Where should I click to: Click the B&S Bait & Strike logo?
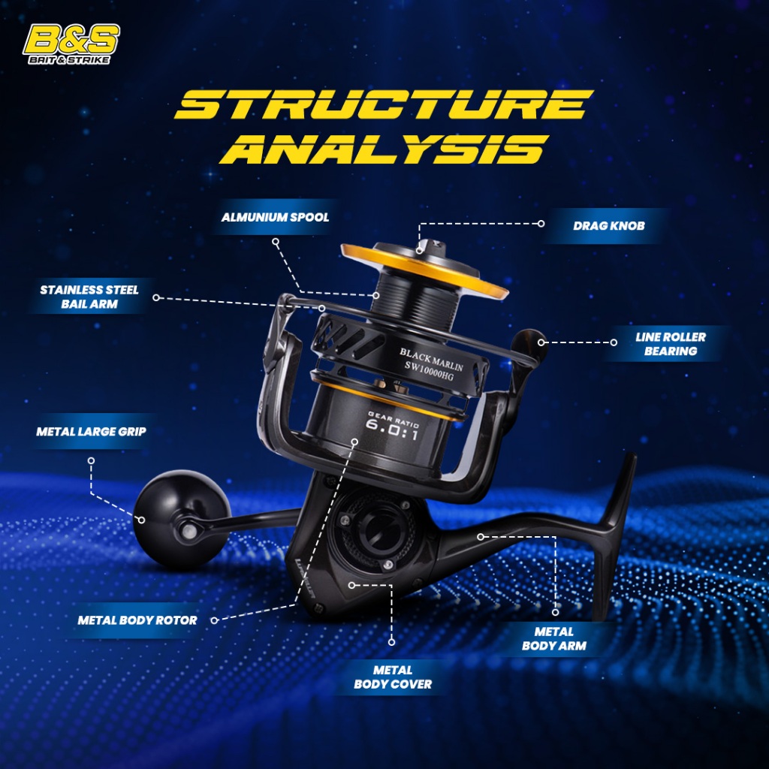tap(71, 44)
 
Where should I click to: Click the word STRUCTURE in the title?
tap(384, 105)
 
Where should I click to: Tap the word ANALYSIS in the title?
tap(384, 149)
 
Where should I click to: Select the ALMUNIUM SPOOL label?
tap(275, 217)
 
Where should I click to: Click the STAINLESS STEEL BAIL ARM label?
tap(89, 297)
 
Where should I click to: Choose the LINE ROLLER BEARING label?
tap(670, 343)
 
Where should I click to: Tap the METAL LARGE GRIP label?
tap(91, 431)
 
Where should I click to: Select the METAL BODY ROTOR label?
tap(137, 620)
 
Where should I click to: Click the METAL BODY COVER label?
tap(393, 677)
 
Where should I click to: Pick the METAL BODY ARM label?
tap(554, 638)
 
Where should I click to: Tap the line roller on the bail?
tap(529, 346)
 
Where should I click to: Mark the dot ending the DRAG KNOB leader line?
tap(541, 224)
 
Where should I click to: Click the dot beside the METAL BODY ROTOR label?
tap(213, 620)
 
